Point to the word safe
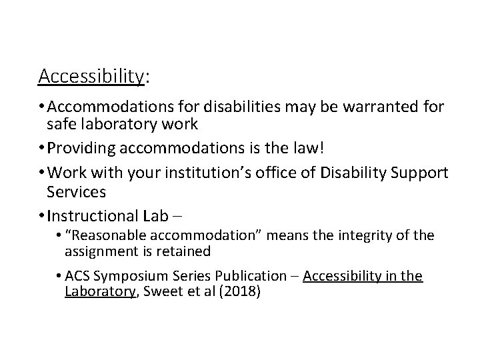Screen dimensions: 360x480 click(x=60, y=124)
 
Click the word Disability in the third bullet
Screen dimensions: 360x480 click(x=351, y=173)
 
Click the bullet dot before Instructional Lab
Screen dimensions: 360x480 click(x=42, y=215)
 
